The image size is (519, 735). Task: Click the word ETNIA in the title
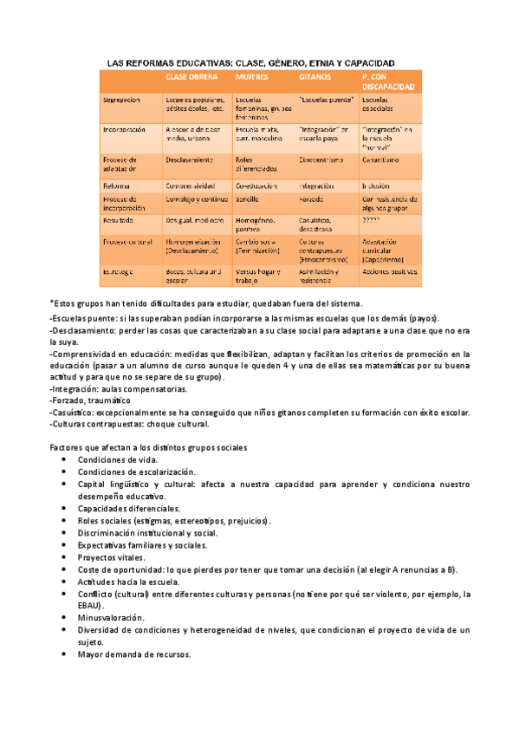[305, 63]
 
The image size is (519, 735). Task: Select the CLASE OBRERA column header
[190, 77]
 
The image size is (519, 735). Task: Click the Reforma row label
[117, 185]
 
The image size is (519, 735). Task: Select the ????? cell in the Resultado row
[373, 221]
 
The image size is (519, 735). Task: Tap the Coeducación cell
[256, 185]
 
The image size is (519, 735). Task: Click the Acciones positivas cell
[390, 271]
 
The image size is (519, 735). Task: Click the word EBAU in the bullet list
[89, 605]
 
